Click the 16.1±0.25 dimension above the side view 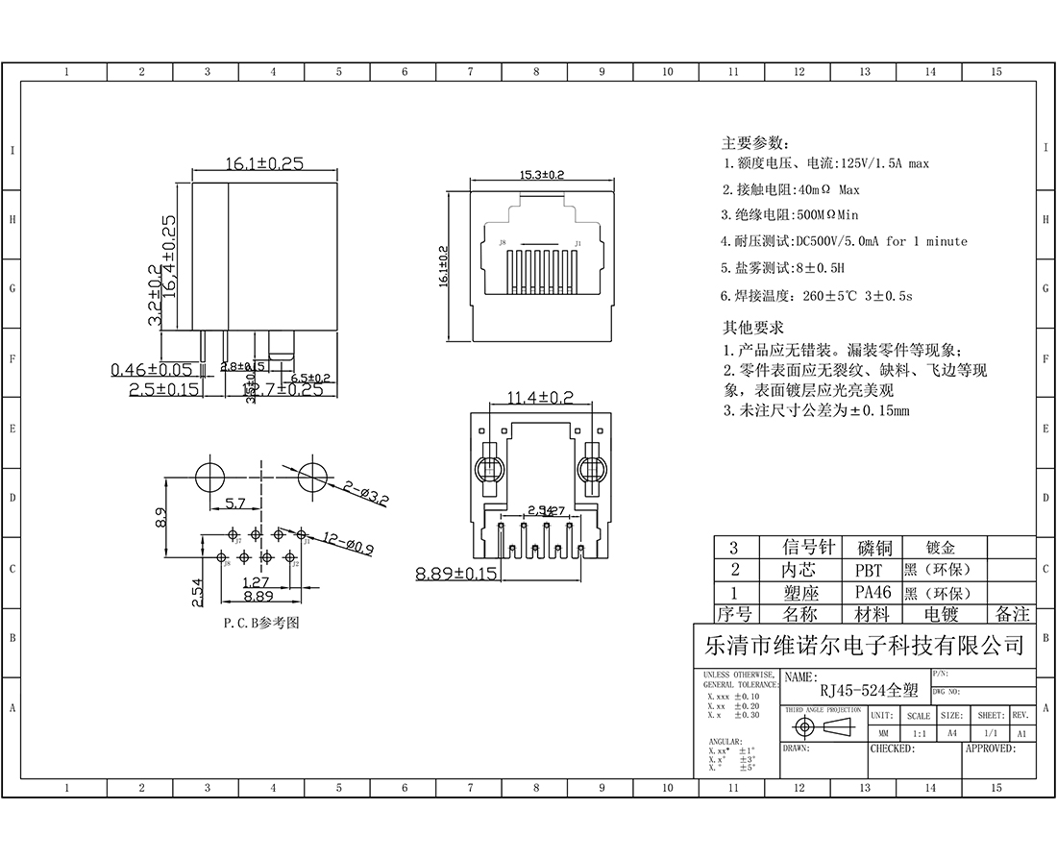pyautogui.click(x=264, y=163)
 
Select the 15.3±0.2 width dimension pyautogui.click(x=542, y=175)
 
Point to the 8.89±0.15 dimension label pyautogui.click(x=456, y=574)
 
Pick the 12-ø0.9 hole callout pyautogui.click(x=346, y=548)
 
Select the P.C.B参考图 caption pyautogui.click(x=260, y=623)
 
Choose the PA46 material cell pyautogui.click(x=873, y=593)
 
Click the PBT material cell pyautogui.click(x=869, y=570)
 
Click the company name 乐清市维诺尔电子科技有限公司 pyautogui.click(x=865, y=645)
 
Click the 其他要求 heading pyautogui.click(x=753, y=328)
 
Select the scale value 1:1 pyautogui.click(x=919, y=733)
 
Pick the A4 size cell pyautogui.click(x=951, y=733)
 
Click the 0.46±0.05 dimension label pyautogui.click(x=152, y=369)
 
